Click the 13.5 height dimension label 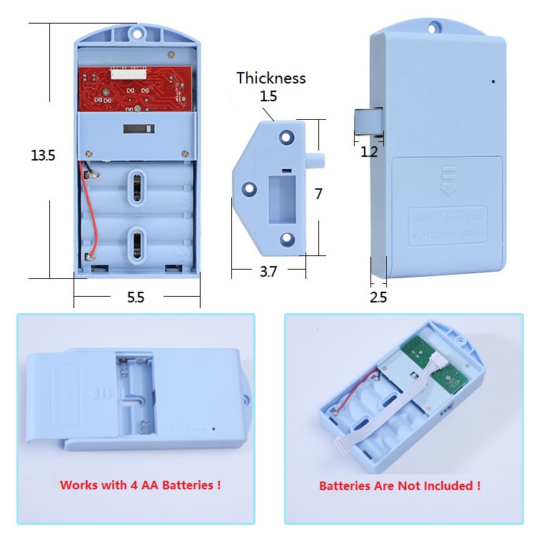(43, 155)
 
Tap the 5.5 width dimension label (136, 298)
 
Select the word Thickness (270, 78)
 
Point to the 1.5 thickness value (268, 96)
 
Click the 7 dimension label (318, 194)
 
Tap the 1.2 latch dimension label (368, 151)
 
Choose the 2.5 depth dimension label (378, 297)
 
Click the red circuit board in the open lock (136, 89)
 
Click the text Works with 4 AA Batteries (140, 485)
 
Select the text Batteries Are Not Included (399, 486)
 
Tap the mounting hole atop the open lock (136, 32)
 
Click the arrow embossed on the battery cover (448, 176)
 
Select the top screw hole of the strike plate (287, 134)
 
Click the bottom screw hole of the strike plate (287, 240)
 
